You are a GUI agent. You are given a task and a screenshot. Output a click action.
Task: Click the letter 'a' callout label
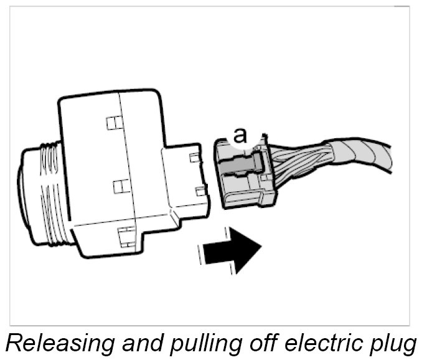pyautogui.click(x=240, y=134)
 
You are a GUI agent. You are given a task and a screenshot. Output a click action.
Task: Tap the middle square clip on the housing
pyautogui.click(x=121, y=185)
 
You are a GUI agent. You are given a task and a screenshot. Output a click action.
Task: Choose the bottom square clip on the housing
pyautogui.click(x=124, y=235)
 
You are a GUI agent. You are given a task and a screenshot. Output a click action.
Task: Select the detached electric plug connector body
pyautogui.click(x=243, y=178)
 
